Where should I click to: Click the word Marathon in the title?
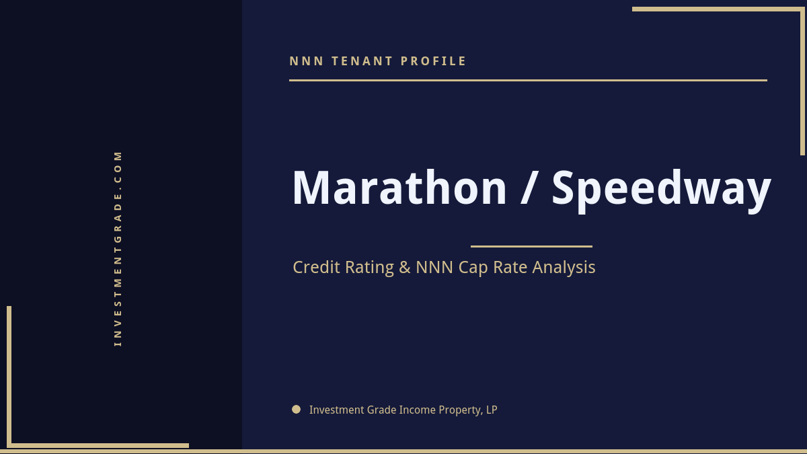coord(399,188)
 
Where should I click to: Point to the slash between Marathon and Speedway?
coord(529,188)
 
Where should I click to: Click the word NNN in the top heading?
coord(307,61)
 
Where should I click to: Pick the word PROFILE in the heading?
coord(434,61)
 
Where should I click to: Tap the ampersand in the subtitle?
coord(405,268)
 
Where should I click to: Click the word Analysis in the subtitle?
coord(564,268)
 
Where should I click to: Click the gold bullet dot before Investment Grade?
coord(296,409)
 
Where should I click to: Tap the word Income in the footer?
coord(417,410)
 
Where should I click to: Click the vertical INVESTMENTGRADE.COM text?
coord(118,248)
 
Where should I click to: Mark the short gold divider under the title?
coord(531,246)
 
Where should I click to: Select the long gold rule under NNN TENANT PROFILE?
coord(528,80)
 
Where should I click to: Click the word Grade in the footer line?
coord(381,410)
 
